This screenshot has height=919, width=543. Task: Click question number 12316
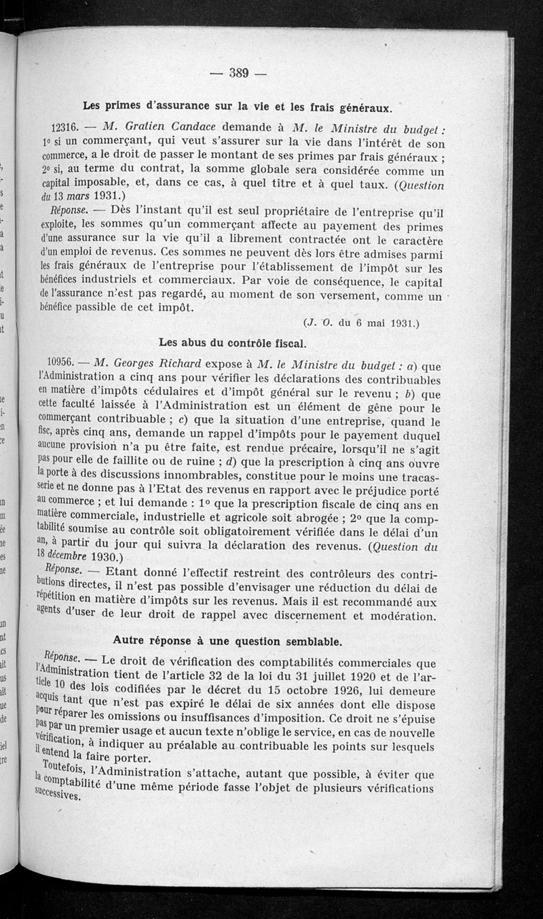66,128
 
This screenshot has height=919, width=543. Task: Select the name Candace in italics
183,127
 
